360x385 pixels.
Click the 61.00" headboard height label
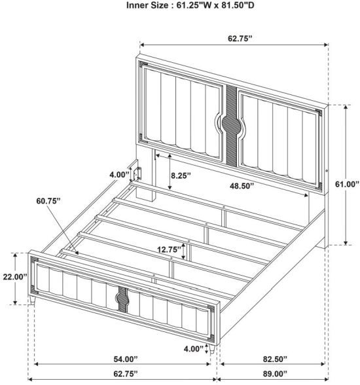tap(347, 184)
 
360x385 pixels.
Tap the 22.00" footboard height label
tap(14, 277)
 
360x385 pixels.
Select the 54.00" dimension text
tap(126, 359)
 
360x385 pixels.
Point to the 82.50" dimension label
tap(275, 359)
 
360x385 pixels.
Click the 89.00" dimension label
tap(275, 374)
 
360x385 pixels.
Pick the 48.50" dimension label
tap(242, 186)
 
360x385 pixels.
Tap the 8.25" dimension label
tap(181, 175)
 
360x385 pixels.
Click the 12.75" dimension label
tap(170, 249)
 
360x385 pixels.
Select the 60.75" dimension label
tap(48, 201)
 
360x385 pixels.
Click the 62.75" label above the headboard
tap(240, 38)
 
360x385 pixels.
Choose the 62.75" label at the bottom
tap(126, 374)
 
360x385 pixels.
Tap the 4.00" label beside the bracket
tap(119, 175)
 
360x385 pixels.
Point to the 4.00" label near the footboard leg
tap(194, 348)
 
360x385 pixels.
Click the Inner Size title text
tap(190, 5)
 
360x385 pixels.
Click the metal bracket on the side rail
tap(137, 174)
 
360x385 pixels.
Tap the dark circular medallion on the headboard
tap(230, 124)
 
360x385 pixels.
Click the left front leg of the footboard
tap(32, 301)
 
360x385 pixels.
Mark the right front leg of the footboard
tap(212, 349)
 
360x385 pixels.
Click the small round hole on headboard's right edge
tap(327, 170)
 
